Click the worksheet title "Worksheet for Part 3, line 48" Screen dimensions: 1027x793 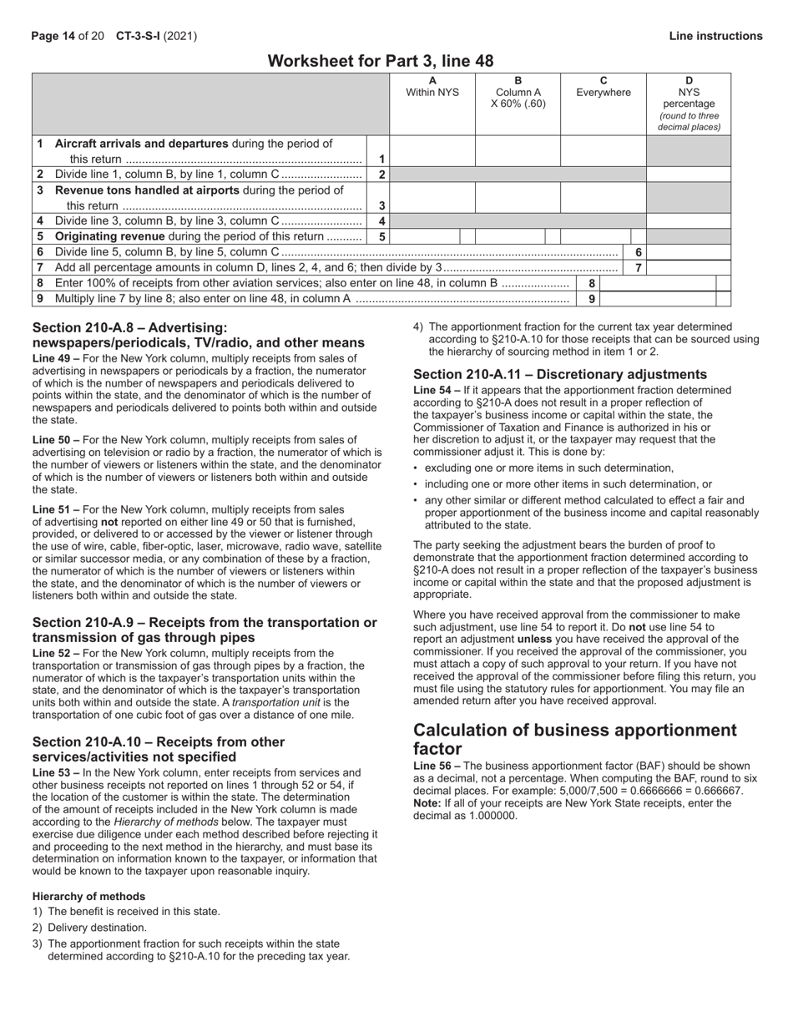(x=380, y=61)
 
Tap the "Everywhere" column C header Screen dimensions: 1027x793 (x=603, y=93)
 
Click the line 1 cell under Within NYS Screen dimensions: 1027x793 (x=432, y=151)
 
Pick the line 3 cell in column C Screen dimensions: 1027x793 (x=603, y=198)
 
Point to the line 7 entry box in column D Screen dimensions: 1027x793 (x=688, y=268)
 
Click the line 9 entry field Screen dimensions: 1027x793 (x=658, y=299)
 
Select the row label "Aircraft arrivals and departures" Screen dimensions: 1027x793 (x=141, y=144)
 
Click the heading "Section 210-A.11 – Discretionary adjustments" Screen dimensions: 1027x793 (x=560, y=374)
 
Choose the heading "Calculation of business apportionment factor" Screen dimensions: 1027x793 (x=575, y=739)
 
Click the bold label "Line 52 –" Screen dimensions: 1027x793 (x=58, y=653)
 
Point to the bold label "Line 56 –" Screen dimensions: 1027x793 (x=437, y=766)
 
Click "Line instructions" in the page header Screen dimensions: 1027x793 (x=715, y=36)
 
